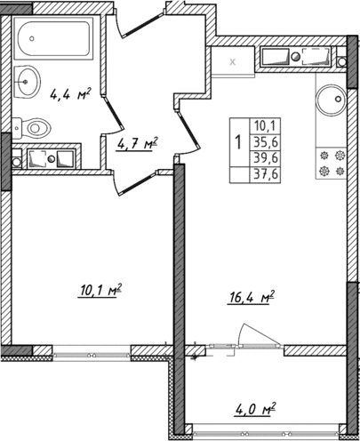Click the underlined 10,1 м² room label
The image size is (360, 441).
pos(100,290)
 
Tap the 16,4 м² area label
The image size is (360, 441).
pos(251,294)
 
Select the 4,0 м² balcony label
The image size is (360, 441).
pos(254,410)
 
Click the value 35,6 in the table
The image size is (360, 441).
pos(265,140)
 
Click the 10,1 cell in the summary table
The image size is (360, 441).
pos(265,125)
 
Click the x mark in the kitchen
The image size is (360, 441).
pos(233,62)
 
